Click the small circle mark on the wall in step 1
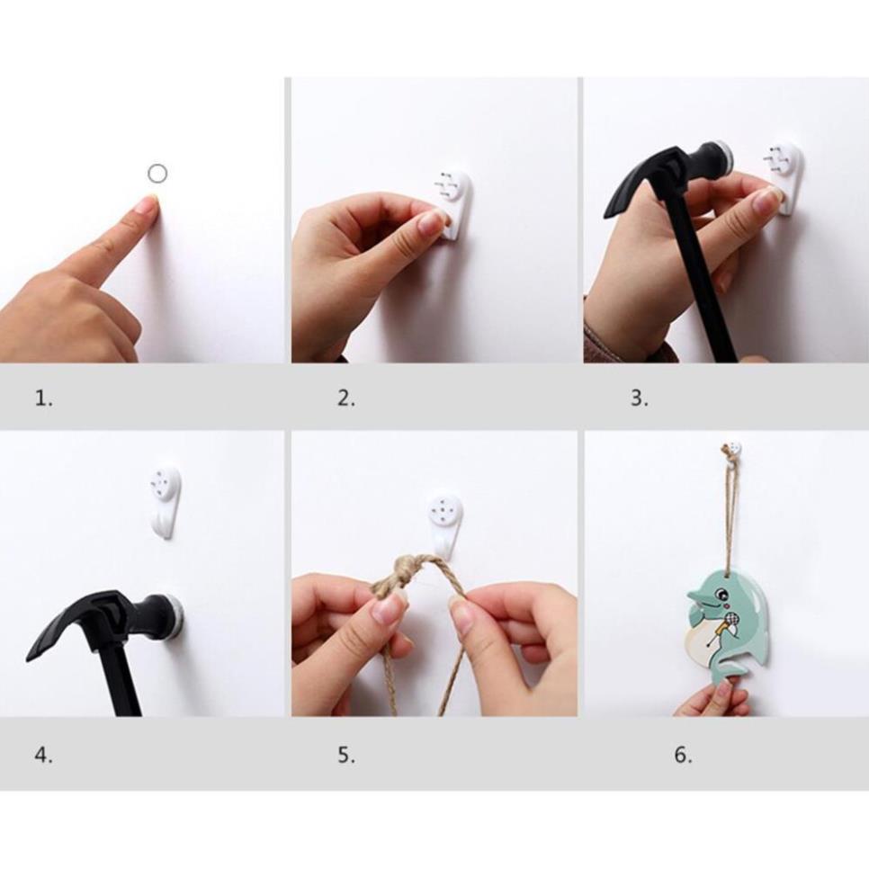(x=157, y=174)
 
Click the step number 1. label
(x=44, y=398)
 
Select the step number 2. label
(x=346, y=398)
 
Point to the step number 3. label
(x=639, y=398)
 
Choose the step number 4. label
(x=44, y=755)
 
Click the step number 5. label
(x=346, y=755)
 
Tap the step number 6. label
(x=683, y=755)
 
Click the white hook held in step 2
(x=454, y=205)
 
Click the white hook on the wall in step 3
(x=785, y=177)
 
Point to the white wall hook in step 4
(x=166, y=502)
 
